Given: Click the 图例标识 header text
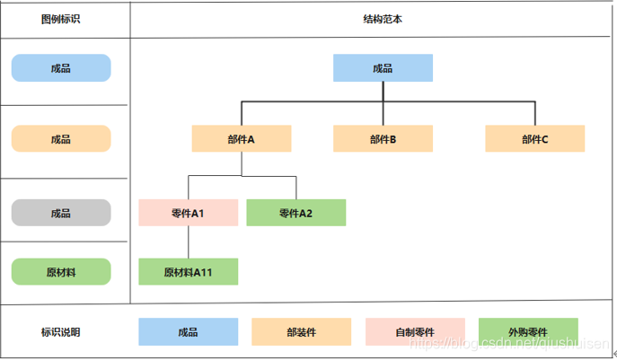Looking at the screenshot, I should [x=61, y=19].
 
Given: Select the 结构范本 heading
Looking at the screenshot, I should [x=383, y=19].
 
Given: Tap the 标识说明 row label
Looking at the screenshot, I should [x=61, y=332].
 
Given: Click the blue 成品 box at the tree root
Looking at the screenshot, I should [x=383, y=68].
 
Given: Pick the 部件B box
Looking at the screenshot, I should [x=383, y=139].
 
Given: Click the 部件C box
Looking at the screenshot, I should [x=534, y=139].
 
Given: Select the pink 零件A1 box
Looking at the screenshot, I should [x=188, y=213].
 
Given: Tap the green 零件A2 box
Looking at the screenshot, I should [x=295, y=213].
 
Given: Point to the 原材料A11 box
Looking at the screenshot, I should [x=188, y=272].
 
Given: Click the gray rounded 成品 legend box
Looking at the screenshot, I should [x=61, y=213].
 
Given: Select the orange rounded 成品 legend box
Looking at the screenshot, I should [x=61, y=139].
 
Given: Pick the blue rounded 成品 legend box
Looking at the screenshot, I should [x=61, y=68].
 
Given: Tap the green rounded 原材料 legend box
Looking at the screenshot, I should [x=61, y=272].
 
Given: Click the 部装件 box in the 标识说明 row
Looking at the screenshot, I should [x=301, y=332].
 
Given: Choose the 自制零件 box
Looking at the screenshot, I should [x=415, y=332].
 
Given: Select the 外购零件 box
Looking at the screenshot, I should [x=528, y=332].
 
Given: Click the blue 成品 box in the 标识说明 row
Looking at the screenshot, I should [x=188, y=332].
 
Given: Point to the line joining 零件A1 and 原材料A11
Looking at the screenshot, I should [x=188, y=242].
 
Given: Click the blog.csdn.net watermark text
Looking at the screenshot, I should [x=512, y=344].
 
